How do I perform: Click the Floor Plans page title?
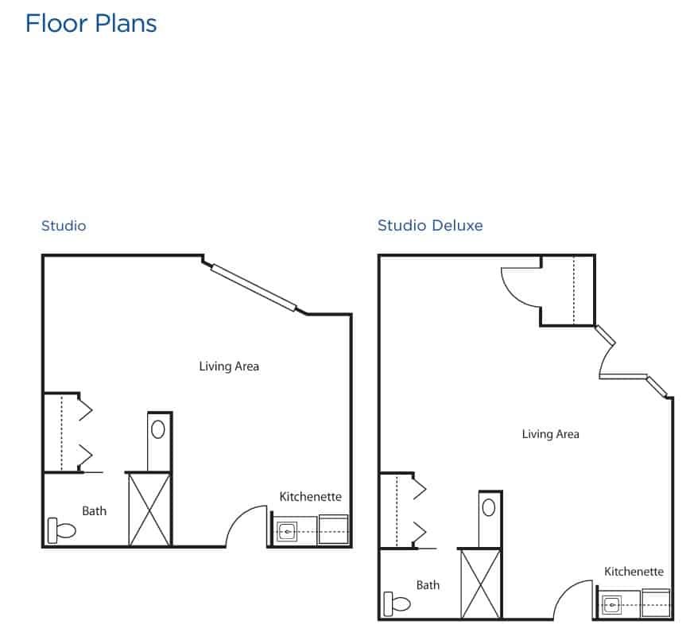(x=91, y=24)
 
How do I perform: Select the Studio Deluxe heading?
(x=430, y=225)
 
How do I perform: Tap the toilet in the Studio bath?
(x=61, y=530)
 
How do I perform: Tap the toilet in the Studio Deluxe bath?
(x=397, y=603)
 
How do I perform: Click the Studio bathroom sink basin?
(x=158, y=429)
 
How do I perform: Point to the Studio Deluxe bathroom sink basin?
(x=489, y=508)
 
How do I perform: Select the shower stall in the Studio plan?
(x=149, y=510)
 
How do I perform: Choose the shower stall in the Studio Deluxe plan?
(x=481, y=584)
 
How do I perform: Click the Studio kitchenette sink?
(x=287, y=531)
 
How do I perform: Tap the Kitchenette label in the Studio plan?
(x=310, y=497)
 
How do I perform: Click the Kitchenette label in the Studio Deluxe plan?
(x=634, y=572)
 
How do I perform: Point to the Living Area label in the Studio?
(x=229, y=367)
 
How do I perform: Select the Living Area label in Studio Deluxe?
(x=550, y=434)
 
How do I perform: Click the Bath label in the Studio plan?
(x=95, y=510)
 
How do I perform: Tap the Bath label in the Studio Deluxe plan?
(x=428, y=585)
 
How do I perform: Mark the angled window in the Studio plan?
(x=254, y=288)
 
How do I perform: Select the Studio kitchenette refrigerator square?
(x=333, y=530)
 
